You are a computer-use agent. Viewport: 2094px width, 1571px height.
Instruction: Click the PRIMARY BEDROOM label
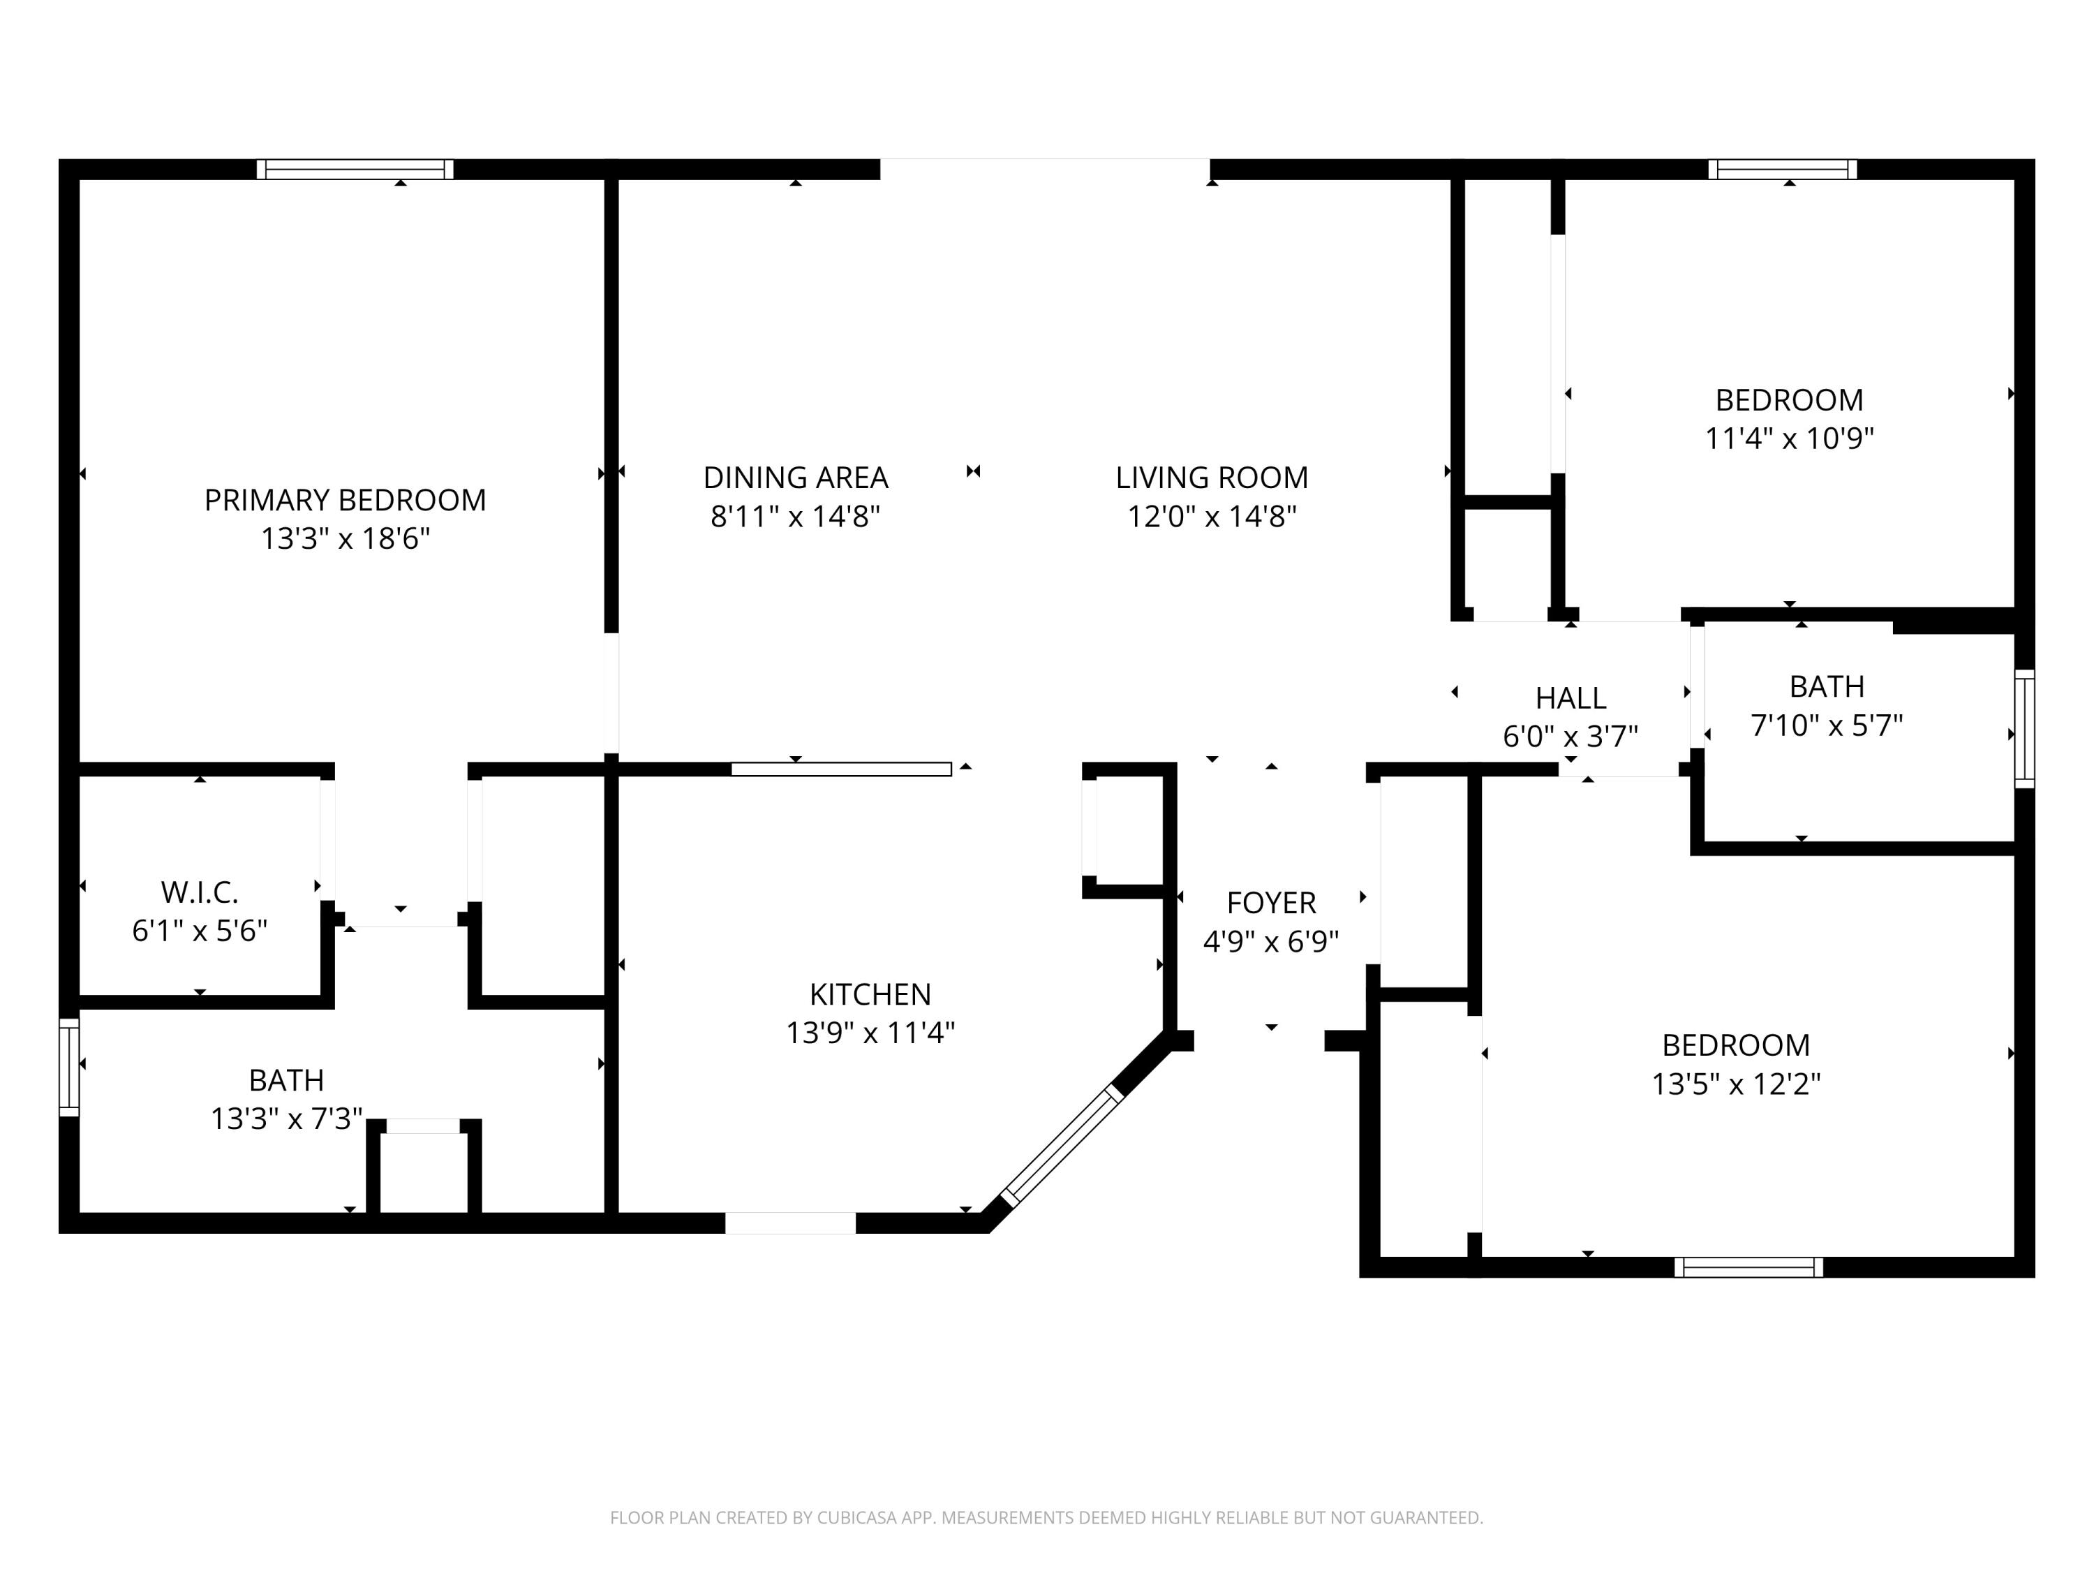[345, 500]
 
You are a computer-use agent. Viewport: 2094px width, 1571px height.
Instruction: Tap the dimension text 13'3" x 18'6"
[345, 539]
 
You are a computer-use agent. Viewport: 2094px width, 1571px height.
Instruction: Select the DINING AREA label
[795, 478]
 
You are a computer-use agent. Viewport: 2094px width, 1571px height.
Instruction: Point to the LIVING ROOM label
[1211, 478]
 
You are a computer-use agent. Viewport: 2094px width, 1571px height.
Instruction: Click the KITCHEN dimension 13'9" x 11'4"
[870, 1032]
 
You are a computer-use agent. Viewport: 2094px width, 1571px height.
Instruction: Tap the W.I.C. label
[199, 892]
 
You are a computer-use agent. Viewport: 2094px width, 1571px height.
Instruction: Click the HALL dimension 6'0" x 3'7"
[1570, 736]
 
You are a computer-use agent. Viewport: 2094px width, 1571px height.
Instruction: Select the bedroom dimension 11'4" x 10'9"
[1788, 438]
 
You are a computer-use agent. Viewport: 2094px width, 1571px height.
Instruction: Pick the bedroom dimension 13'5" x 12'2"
[1735, 1084]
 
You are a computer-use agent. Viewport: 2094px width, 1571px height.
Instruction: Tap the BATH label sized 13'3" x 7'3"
[286, 1079]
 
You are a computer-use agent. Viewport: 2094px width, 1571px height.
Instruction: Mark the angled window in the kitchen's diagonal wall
[1061, 1146]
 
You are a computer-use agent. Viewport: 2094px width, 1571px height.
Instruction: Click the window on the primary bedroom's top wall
[355, 170]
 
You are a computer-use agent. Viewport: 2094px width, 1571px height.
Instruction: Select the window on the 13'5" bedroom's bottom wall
[1748, 1267]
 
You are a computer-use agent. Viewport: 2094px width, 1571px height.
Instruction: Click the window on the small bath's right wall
[2024, 729]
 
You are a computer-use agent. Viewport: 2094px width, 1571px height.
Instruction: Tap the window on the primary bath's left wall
[69, 1067]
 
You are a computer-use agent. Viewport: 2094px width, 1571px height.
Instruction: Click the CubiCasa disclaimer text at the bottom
[1046, 1518]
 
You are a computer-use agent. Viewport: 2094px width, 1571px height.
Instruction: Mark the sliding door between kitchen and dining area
[840, 769]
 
